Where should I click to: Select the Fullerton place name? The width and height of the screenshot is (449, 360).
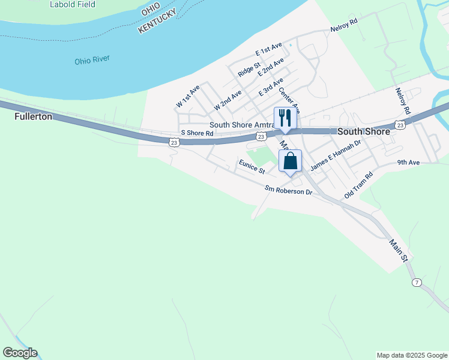tap(33, 116)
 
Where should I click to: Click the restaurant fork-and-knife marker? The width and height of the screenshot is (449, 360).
tap(285, 118)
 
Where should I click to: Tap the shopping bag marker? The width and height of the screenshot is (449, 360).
tap(290, 161)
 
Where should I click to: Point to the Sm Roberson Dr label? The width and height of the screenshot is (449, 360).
tap(289, 190)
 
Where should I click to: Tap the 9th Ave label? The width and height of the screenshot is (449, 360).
tap(408, 163)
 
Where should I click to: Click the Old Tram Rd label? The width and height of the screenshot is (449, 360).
tap(359, 186)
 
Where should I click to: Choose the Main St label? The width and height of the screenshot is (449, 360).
tap(399, 251)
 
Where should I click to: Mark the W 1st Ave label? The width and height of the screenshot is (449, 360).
tap(188, 97)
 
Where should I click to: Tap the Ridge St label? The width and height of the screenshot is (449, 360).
tap(249, 69)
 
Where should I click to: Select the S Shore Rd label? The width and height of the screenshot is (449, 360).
tap(197, 133)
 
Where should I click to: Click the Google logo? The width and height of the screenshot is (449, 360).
tap(20, 353)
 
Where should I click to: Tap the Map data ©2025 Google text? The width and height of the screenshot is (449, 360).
tap(412, 355)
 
